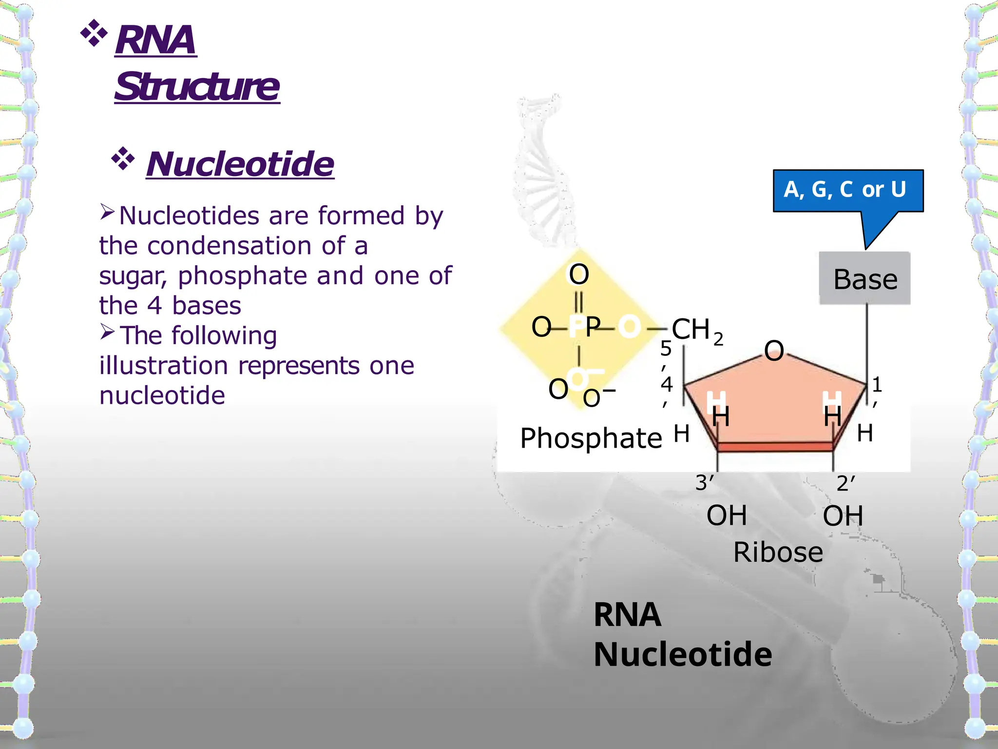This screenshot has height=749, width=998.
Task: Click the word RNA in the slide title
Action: [155, 40]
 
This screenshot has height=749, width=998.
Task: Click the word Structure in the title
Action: [197, 87]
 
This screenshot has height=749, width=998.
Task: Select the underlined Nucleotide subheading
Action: [240, 164]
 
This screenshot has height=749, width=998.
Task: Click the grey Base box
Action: [865, 279]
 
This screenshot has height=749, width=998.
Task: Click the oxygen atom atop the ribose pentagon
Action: [774, 351]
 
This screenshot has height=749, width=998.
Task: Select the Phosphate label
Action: [591, 438]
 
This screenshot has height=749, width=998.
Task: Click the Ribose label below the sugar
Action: [778, 552]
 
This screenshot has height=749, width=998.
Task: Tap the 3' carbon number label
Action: [704, 483]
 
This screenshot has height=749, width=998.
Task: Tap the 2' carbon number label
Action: [845, 483]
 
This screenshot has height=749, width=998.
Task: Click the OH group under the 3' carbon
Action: [726, 515]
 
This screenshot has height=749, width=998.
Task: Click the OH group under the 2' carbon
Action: [843, 516]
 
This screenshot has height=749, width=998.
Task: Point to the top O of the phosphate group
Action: [579, 274]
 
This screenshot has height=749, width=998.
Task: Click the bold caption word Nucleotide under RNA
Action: [682, 654]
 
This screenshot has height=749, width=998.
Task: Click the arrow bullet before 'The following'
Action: [107, 332]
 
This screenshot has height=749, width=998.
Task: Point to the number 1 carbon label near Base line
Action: [877, 385]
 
